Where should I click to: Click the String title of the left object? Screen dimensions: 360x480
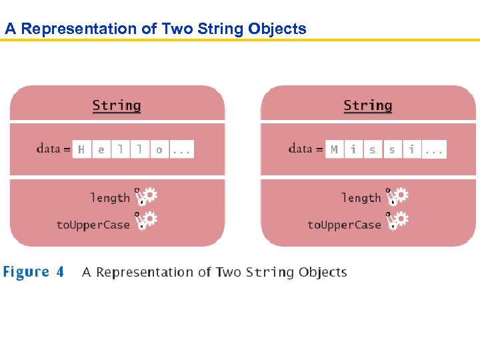(117, 105)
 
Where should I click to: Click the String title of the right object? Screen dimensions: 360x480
(367, 105)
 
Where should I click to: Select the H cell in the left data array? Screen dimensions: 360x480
(81, 149)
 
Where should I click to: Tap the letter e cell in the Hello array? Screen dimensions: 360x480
(101, 149)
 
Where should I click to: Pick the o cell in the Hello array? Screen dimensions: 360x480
(159, 149)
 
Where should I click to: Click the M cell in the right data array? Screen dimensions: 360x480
(334, 149)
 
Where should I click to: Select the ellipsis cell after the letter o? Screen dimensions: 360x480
(181, 149)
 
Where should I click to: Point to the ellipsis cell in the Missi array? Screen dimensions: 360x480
(434, 149)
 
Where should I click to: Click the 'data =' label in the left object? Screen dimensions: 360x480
(53, 149)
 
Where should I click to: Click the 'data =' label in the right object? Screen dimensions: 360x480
(305, 149)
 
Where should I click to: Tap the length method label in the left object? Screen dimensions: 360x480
(110, 198)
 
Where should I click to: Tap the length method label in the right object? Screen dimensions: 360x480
(361, 198)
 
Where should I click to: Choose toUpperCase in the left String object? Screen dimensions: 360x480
(93, 225)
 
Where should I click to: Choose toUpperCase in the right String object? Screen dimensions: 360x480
(344, 225)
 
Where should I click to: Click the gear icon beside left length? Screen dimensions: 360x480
(147, 195)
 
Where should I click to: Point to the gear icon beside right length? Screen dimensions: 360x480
(399, 195)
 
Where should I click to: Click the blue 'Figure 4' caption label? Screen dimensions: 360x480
(34, 272)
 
